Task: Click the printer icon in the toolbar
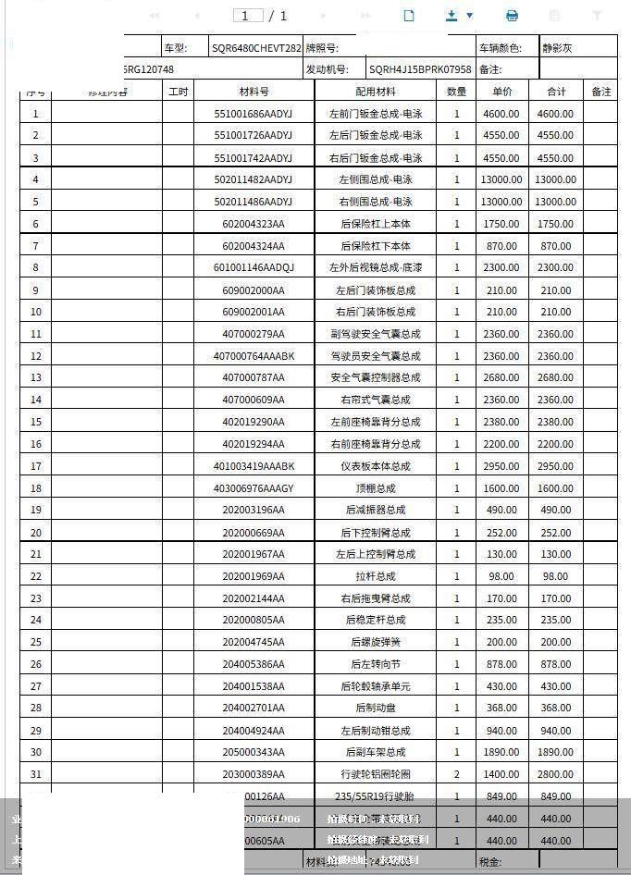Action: pos(512,16)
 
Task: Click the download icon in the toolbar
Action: pos(452,16)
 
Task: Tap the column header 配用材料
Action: pos(375,92)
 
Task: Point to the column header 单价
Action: pos(502,92)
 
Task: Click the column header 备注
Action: pos(601,92)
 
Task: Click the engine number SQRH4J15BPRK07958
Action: pos(420,69)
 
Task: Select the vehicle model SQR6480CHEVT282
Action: pos(256,48)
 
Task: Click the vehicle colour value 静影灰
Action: pos(557,48)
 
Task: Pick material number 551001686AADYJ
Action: pos(253,114)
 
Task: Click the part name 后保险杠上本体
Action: pos(376,224)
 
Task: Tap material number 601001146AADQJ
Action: pos(253,267)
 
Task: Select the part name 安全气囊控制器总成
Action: pos(376,377)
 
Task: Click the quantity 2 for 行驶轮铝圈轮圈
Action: pos(456,774)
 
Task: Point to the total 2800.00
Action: pos(555,774)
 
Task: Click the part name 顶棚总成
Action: pos(376,488)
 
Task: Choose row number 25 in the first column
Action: pos(36,642)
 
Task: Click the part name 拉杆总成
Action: pos(376,576)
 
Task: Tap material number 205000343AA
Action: pos(253,752)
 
